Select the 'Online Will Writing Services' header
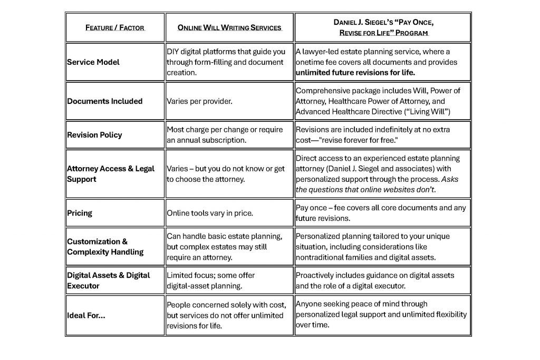click(229, 27)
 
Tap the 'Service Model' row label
click(93, 62)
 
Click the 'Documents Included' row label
click(104, 101)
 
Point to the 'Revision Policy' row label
click(94, 135)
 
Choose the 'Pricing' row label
click(80, 213)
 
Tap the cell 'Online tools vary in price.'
click(210, 213)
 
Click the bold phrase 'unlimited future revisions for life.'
click(355, 72)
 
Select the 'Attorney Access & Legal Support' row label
click(110, 174)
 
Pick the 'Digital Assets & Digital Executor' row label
click(108, 280)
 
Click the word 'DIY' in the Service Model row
click(173, 52)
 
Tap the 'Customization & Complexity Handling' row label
click(105, 247)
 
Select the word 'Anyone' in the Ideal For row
click(309, 304)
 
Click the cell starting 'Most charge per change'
click(225, 134)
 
